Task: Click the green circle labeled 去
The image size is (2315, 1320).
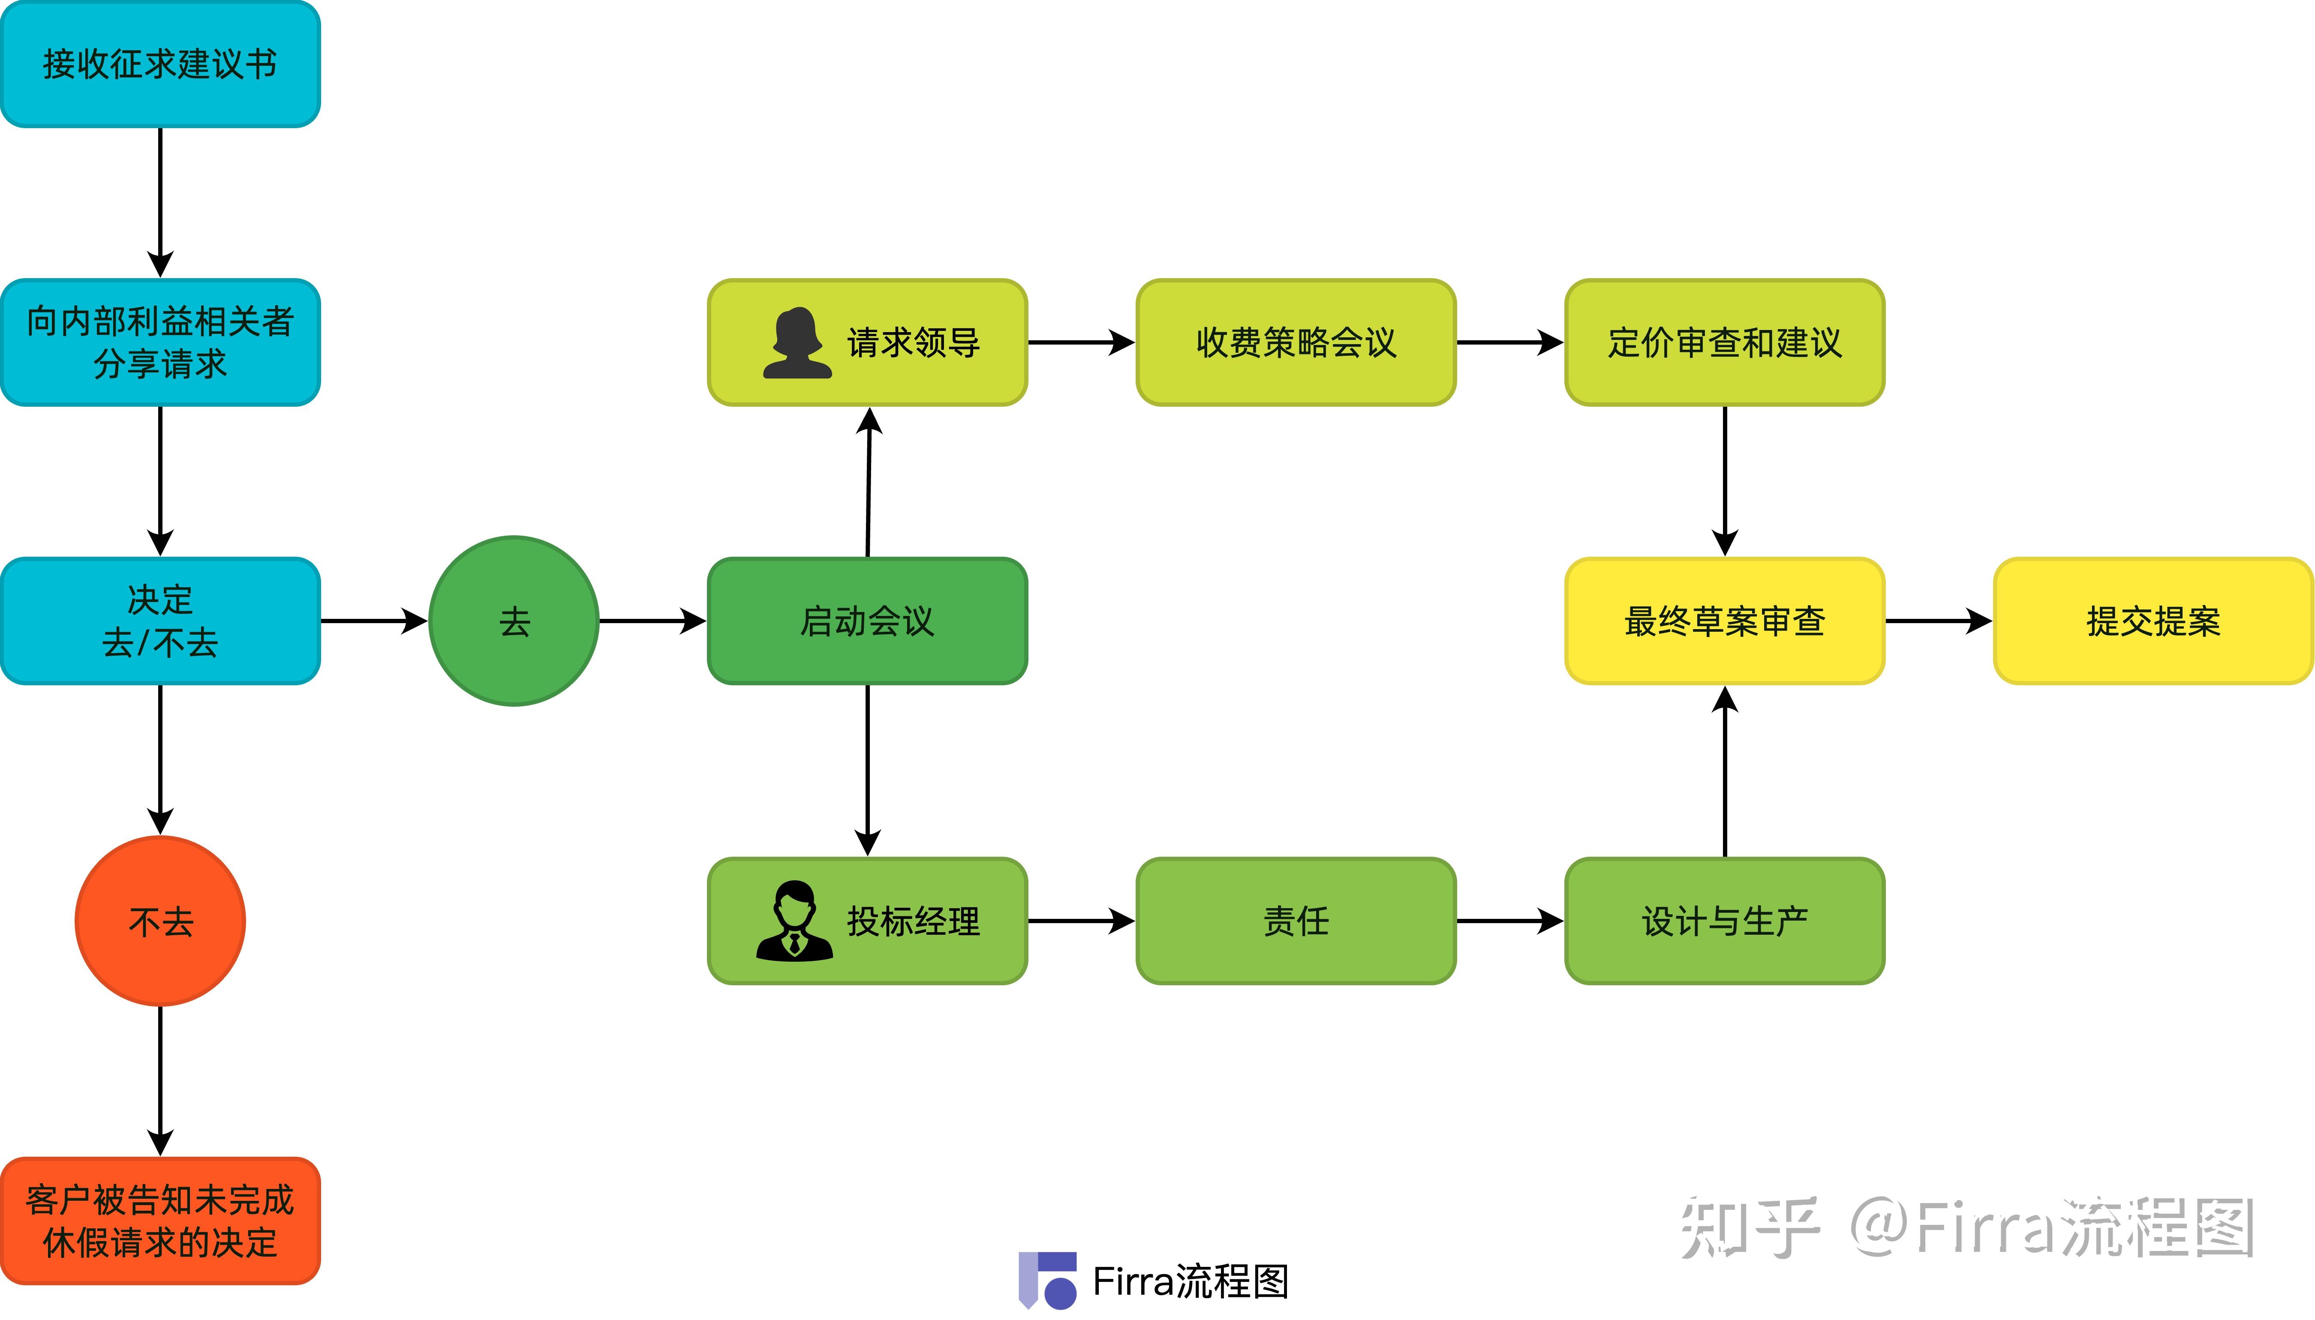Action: tap(513, 621)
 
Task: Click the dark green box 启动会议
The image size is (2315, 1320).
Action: tap(867, 621)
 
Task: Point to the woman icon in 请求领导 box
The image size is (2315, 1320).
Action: tap(796, 343)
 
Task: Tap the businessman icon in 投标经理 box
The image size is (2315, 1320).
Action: tap(794, 921)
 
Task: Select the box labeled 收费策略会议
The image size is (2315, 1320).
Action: tap(1296, 343)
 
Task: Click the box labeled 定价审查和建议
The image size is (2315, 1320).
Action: tap(1724, 343)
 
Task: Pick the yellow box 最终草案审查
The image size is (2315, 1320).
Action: tap(1724, 621)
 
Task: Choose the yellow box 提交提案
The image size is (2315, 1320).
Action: tap(2153, 621)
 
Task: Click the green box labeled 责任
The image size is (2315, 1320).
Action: tap(1296, 921)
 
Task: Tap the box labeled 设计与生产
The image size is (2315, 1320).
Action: tap(1724, 921)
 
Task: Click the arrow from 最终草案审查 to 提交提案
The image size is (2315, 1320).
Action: tap(1938, 621)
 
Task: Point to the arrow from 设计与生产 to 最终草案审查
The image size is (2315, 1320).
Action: tap(1724, 771)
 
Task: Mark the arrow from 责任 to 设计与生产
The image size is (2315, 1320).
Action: tap(1509, 921)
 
